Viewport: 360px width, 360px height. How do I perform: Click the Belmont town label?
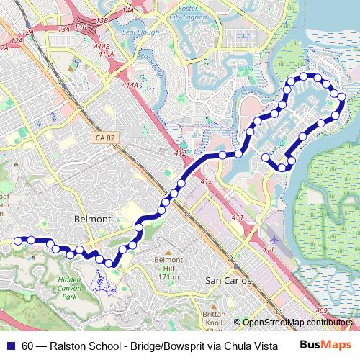point(91,218)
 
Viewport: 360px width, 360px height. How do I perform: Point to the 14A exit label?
point(129,10)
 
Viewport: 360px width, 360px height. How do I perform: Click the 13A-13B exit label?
point(72,27)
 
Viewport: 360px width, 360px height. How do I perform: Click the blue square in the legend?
point(12,345)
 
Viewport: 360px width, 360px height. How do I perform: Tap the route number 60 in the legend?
point(27,345)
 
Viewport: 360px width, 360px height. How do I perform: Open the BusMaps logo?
point(325,344)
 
